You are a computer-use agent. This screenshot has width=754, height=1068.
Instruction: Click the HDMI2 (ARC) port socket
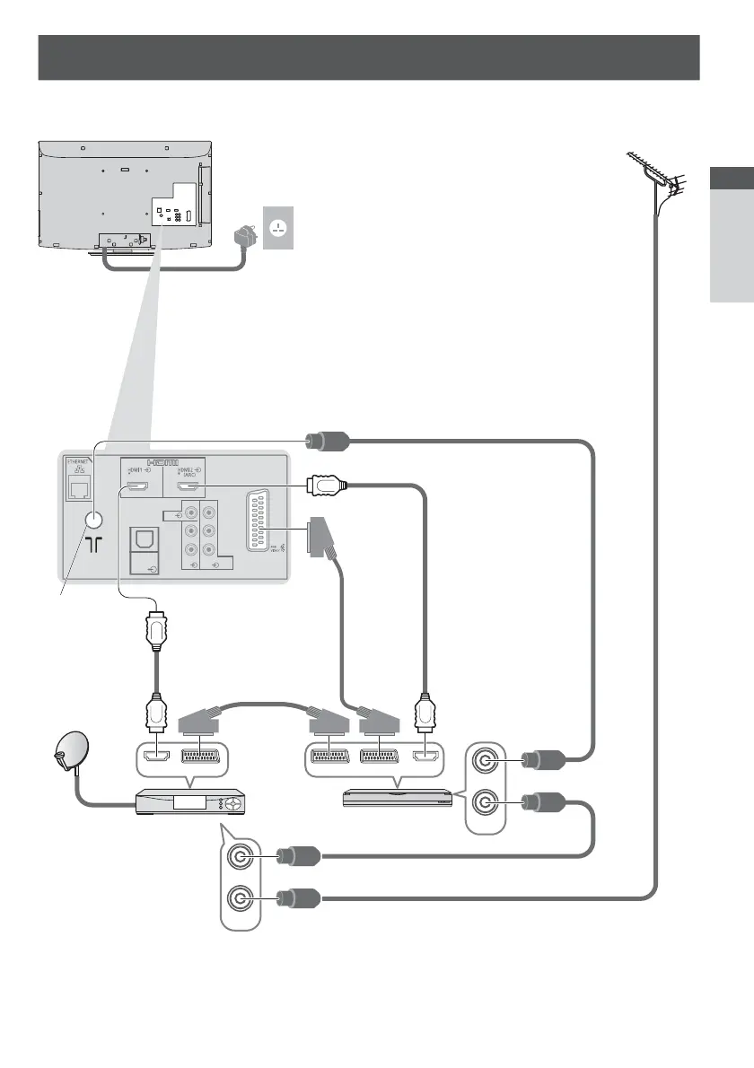pos(188,488)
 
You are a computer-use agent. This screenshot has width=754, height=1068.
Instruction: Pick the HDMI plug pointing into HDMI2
pos(321,486)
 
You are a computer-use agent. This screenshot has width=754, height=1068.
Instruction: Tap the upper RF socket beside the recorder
pos(487,762)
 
